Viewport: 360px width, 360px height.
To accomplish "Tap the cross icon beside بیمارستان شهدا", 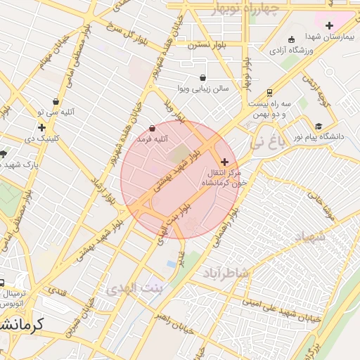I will click(x=329, y=25).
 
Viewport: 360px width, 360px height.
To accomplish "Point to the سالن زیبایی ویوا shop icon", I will click(x=203, y=77).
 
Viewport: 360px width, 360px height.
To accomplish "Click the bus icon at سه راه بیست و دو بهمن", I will click(x=269, y=92).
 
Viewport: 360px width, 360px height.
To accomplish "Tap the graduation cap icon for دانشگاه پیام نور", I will click(x=319, y=127).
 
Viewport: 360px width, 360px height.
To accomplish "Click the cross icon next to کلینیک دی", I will click(x=42, y=127).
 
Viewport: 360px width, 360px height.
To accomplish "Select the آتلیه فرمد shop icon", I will click(x=153, y=128).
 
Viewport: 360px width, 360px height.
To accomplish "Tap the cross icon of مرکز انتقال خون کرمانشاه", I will click(x=224, y=162).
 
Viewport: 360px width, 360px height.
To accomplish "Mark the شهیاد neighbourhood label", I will click(x=309, y=238).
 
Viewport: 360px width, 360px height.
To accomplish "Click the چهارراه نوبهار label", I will click(x=245, y=8).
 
